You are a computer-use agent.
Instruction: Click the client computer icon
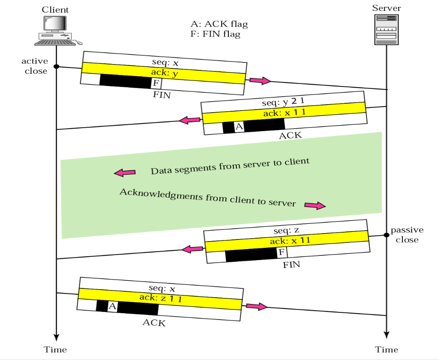click(x=58, y=30)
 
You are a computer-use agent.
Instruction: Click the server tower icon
click(x=386, y=30)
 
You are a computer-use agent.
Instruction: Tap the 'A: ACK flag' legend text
click(x=219, y=24)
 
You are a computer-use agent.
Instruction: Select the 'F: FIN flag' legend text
click(x=215, y=34)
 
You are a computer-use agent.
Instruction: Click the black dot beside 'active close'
click(x=56, y=67)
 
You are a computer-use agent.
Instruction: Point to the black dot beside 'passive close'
click(x=386, y=235)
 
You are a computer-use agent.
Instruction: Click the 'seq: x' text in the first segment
click(x=165, y=62)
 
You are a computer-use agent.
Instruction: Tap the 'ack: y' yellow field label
click(x=165, y=73)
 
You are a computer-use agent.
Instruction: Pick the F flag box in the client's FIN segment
click(x=156, y=83)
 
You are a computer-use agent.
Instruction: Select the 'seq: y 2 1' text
click(x=283, y=102)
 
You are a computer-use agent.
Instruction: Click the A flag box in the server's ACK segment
click(x=239, y=126)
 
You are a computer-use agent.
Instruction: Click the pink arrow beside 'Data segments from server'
click(x=125, y=172)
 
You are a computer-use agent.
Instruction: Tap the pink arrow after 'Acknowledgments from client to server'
click(x=315, y=206)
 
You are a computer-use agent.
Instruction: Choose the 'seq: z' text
click(x=286, y=231)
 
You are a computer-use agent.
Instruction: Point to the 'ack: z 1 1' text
click(x=161, y=298)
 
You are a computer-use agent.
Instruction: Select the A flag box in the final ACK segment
click(x=112, y=306)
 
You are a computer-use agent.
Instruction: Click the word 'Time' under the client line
click(x=55, y=349)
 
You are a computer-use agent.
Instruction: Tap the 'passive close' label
click(x=407, y=235)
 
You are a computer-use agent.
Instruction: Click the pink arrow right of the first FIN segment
click(x=260, y=81)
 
